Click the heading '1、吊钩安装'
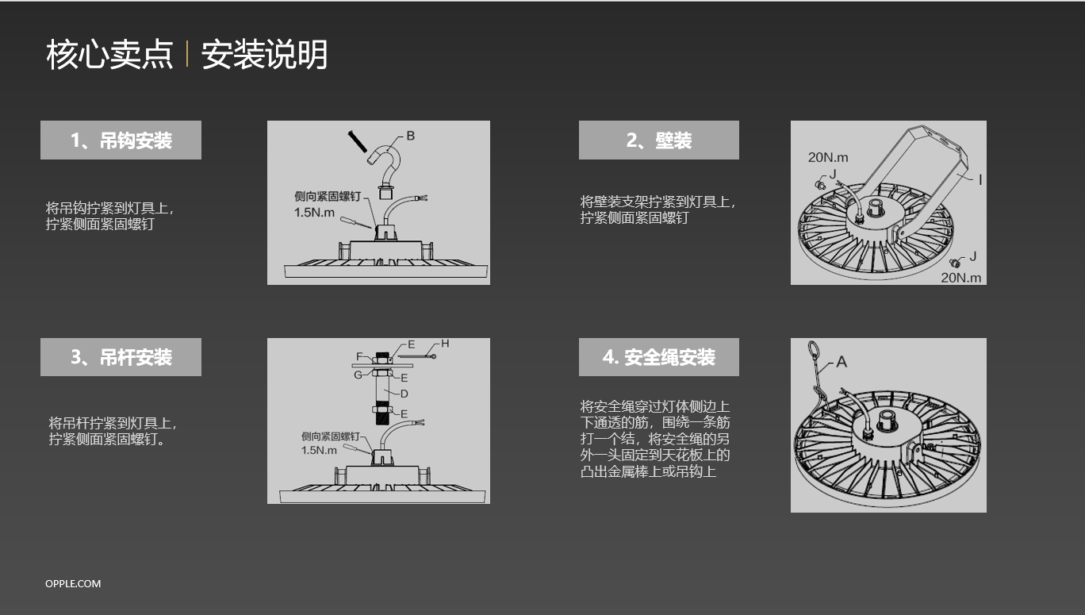click(x=121, y=140)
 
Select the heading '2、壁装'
click(x=659, y=140)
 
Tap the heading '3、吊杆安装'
click(x=121, y=357)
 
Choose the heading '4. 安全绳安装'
click(x=659, y=357)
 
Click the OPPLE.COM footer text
click(x=73, y=583)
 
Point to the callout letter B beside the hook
click(x=410, y=136)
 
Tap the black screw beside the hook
click(x=358, y=141)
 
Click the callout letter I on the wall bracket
click(x=980, y=180)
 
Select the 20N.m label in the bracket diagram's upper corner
click(x=828, y=157)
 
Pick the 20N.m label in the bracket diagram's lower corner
click(x=961, y=278)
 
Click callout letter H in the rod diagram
click(x=445, y=344)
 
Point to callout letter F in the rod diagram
click(x=359, y=356)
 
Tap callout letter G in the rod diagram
click(x=358, y=375)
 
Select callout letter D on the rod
click(x=404, y=394)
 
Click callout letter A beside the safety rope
click(x=842, y=362)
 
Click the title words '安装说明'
click(x=264, y=54)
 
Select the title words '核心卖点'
click(x=109, y=54)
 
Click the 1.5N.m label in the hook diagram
click(x=314, y=212)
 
